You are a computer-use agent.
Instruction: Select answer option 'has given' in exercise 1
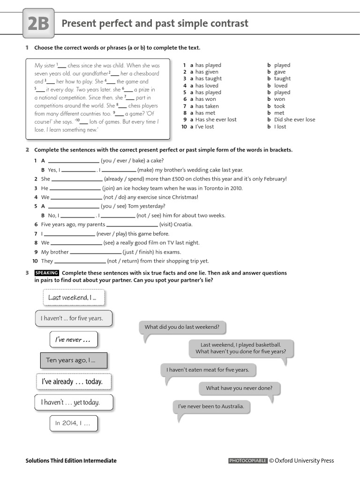pyautogui.click(x=207, y=72)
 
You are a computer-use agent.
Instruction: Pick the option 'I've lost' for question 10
pyautogui.click(x=204, y=127)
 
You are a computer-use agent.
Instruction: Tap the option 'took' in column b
pyautogui.click(x=279, y=106)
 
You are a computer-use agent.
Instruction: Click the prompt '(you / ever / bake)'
pyautogui.click(x=125, y=161)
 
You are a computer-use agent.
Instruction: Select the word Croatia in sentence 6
pyautogui.click(x=183, y=225)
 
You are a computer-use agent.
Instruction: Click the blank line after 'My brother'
pyautogui.click(x=96, y=252)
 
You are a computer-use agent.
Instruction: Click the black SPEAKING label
pyautogui.click(x=46, y=273)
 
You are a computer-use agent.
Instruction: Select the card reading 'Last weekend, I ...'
pyautogui.click(x=73, y=298)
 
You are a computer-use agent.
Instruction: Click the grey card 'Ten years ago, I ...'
pyautogui.click(x=73, y=360)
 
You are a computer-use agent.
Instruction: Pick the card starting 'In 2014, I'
pyautogui.click(x=73, y=423)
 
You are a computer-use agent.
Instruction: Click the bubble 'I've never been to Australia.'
pyautogui.click(x=211, y=406)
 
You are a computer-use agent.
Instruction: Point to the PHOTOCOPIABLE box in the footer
pyautogui.click(x=247, y=461)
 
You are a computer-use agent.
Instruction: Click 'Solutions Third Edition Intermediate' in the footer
pyautogui.click(x=71, y=461)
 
